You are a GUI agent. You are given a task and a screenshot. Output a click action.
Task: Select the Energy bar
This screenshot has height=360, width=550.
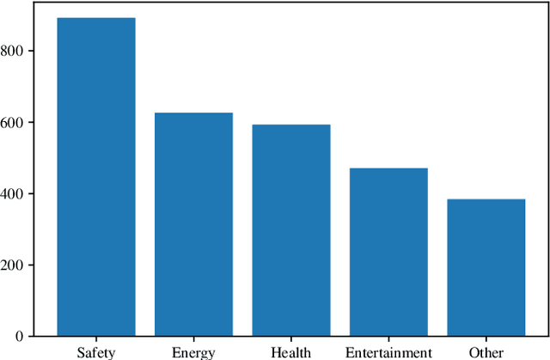[193, 223]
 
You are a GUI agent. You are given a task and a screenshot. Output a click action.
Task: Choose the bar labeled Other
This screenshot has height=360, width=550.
[486, 267]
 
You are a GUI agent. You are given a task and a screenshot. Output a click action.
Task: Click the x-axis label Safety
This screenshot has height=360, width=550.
[95, 352]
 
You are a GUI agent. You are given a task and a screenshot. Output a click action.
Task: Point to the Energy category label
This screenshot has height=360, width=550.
[193, 352]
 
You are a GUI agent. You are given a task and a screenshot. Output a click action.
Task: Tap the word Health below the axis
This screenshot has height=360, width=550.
[290, 352]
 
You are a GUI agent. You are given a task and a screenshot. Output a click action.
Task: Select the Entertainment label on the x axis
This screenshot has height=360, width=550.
[388, 352]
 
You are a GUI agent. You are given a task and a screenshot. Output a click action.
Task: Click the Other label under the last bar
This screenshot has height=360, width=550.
[486, 352]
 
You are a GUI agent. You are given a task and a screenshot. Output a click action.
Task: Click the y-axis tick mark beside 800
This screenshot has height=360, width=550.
[38, 51]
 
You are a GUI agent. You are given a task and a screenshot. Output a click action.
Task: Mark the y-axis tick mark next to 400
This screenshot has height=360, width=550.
[38, 193]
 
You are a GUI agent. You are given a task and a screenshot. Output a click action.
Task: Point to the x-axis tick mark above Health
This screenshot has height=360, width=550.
[290, 339]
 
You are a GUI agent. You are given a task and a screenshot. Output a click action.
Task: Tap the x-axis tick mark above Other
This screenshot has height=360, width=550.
[486, 339]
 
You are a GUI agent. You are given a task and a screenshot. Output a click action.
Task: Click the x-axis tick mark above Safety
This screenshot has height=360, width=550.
[95, 339]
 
